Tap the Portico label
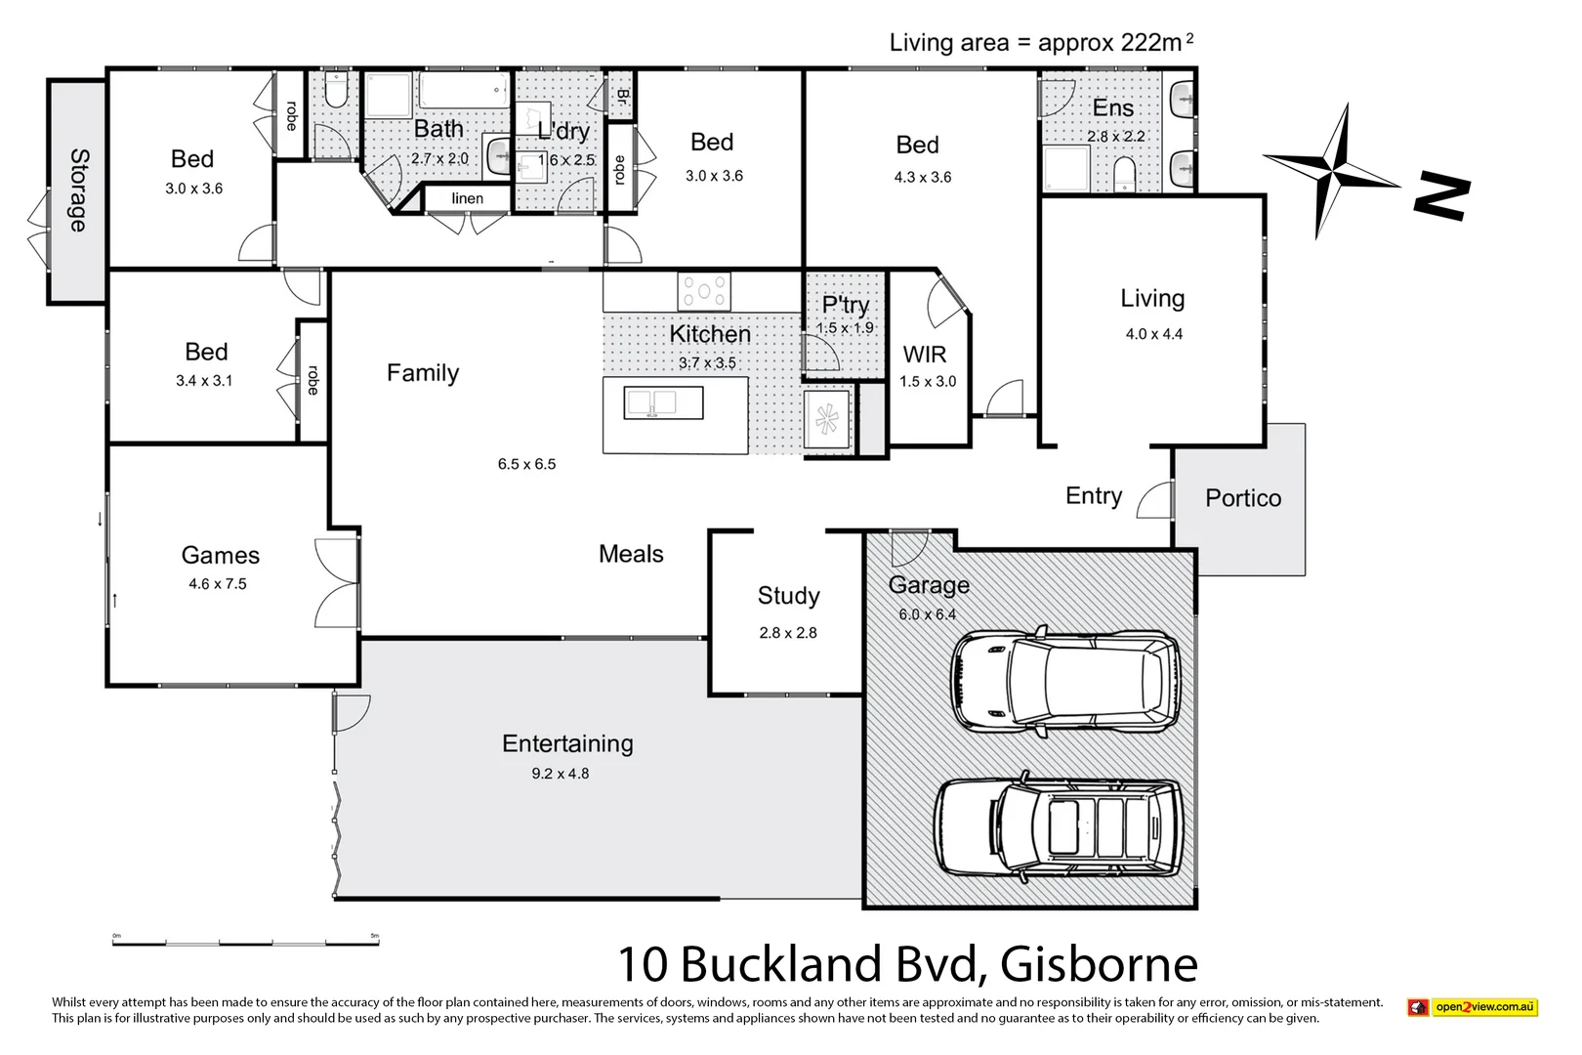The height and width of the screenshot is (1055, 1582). click(1242, 498)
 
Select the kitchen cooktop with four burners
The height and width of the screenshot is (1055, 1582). click(704, 291)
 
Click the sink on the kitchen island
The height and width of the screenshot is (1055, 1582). click(651, 402)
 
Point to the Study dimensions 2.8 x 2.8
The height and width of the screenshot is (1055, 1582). click(787, 633)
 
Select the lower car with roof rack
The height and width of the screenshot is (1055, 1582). click(1059, 827)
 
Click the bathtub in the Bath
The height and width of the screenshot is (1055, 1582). click(463, 91)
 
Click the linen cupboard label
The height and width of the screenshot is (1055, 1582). click(467, 198)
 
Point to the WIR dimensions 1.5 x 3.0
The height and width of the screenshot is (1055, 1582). click(928, 382)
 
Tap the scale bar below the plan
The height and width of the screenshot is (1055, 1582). click(245, 943)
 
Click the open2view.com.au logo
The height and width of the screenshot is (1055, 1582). click(1473, 1007)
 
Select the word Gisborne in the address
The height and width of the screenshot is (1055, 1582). click(1099, 964)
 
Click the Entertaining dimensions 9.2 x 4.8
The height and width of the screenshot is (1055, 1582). click(560, 774)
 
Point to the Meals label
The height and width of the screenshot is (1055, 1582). click(631, 554)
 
